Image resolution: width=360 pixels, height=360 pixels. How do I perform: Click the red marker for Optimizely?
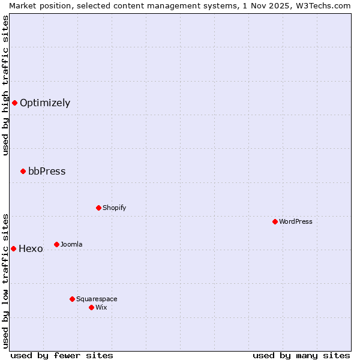[x=14, y=103]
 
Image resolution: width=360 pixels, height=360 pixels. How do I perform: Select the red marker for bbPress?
[x=23, y=172]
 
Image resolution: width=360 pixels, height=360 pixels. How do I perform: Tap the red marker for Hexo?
[x=13, y=248]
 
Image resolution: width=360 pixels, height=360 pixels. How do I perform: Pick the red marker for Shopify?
[x=98, y=208]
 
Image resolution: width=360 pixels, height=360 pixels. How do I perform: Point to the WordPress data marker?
[x=275, y=221]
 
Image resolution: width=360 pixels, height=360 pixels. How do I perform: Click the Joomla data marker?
[x=56, y=244]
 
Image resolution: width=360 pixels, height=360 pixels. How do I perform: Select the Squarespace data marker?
[x=72, y=299]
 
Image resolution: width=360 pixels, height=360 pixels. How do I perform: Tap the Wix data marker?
[x=91, y=307]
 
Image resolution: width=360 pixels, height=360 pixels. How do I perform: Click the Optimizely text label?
[x=45, y=103]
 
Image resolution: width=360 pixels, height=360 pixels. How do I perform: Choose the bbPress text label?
[x=47, y=172]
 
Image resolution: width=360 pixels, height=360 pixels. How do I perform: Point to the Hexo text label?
[x=31, y=249]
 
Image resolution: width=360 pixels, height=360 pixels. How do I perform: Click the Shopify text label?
[x=114, y=208]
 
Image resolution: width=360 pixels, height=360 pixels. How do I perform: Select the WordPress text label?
[x=296, y=221]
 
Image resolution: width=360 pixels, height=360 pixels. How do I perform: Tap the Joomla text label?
[x=71, y=244]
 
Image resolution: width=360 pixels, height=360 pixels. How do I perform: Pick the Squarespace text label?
[x=97, y=299]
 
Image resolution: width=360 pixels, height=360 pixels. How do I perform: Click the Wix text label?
[x=101, y=307]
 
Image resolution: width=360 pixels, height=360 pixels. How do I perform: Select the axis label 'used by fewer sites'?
[x=62, y=355]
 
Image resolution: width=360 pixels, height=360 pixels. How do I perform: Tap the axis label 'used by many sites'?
[x=301, y=355]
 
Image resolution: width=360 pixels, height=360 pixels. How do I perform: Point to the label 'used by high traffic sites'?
[x=5, y=85]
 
